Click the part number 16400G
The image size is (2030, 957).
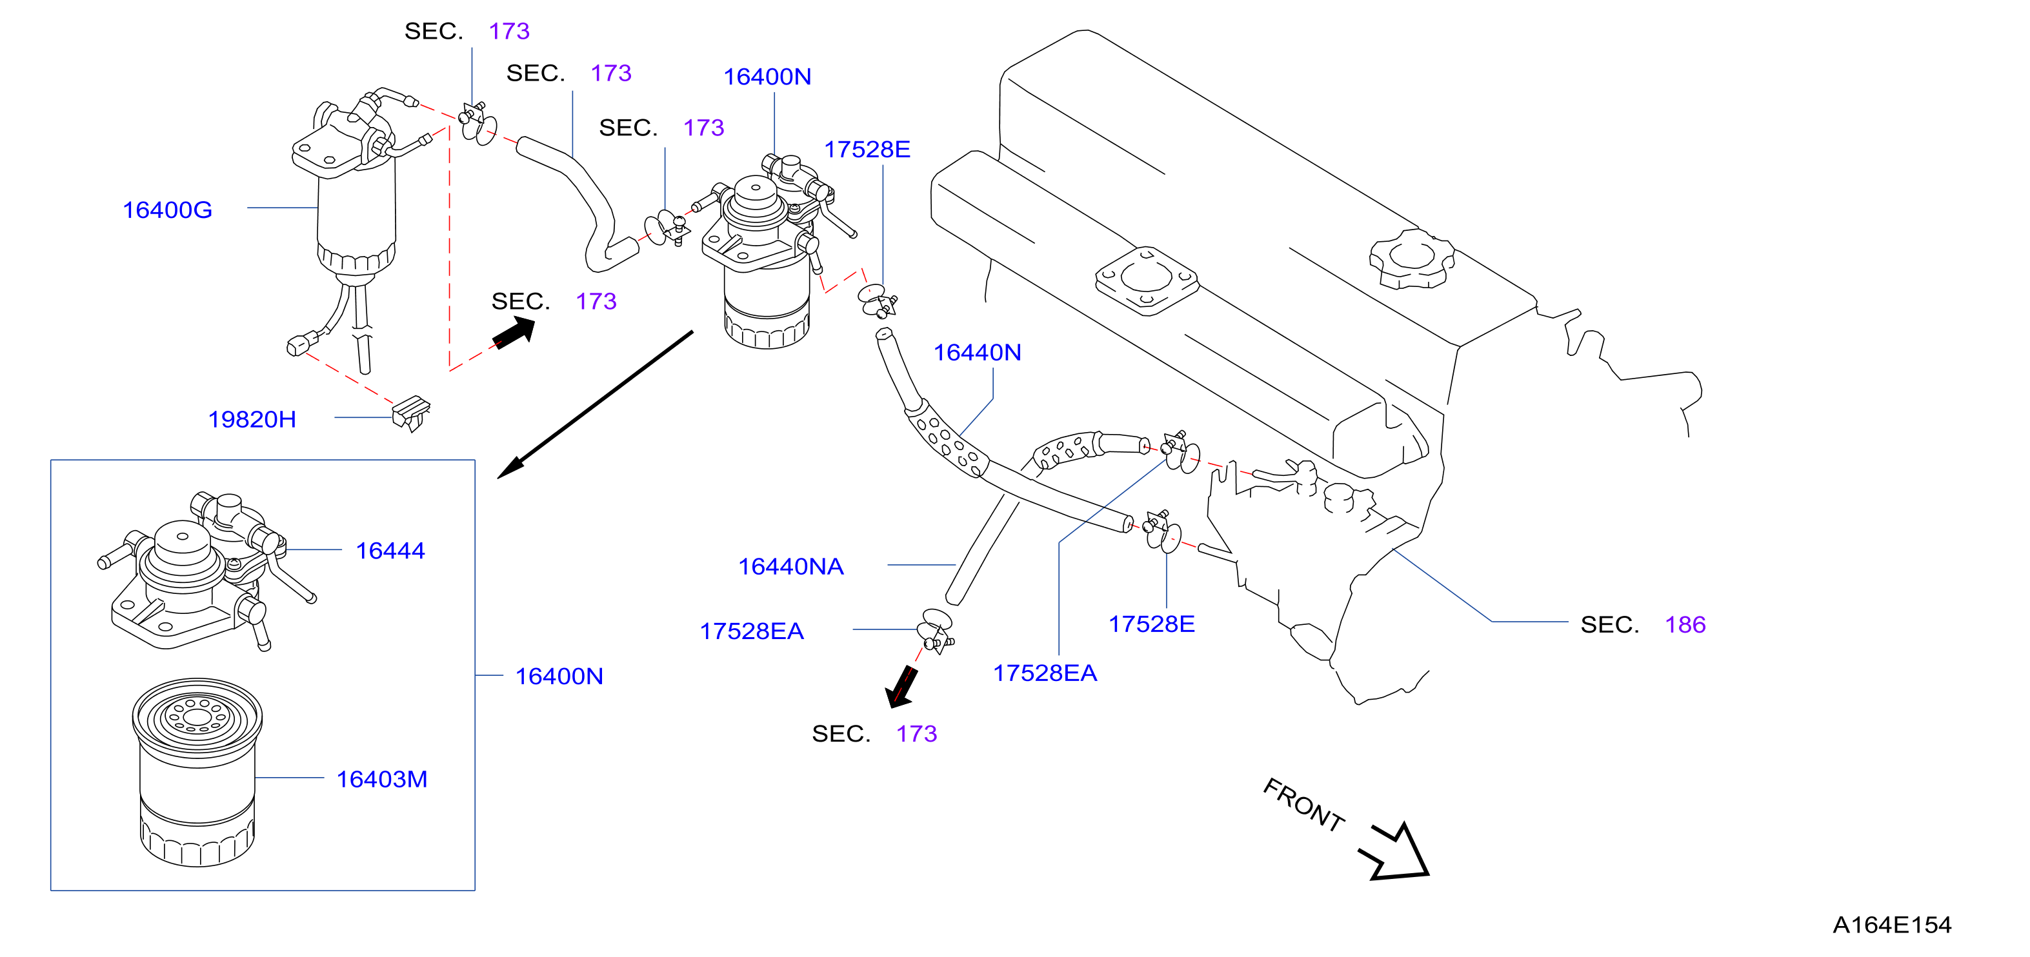click(167, 210)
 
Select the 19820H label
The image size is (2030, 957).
click(252, 420)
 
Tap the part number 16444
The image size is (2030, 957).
click(390, 551)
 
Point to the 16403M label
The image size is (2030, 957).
click(382, 780)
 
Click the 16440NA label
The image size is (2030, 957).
click(791, 567)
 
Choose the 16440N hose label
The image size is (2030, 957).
click(977, 353)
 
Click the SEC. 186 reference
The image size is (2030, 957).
click(1643, 626)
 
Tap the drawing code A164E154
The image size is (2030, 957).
click(1892, 925)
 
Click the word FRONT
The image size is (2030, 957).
click(1304, 805)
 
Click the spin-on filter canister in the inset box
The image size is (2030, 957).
click(197, 773)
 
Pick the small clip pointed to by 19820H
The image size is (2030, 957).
click(412, 413)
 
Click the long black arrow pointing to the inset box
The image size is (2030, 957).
click(595, 405)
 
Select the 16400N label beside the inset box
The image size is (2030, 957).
click(559, 676)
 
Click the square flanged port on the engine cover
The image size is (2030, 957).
click(1147, 281)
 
